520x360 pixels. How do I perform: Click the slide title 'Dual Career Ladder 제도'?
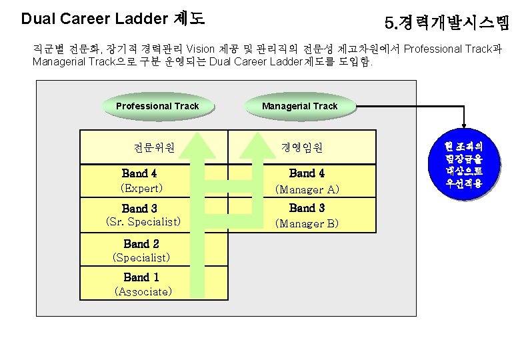click(x=113, y=19)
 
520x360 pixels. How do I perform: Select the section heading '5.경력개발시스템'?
click(x=447, y=25)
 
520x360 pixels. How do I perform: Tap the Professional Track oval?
click(x=157, y=106)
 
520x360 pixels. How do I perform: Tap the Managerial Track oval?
click(x=299, y=106)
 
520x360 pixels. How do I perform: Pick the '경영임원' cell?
click(x=303, y=147)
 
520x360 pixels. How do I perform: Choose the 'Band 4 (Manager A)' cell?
click(x=307, y=181)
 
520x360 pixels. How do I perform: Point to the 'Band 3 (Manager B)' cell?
click(x=307, y=215)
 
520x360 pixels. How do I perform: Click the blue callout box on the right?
click(x=465, y=163)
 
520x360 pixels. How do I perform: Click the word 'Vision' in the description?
click(x=201, y=49)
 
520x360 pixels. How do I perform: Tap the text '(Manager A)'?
click(x=307, y=190)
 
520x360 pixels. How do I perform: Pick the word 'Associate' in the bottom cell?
click(x=143, y=291)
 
